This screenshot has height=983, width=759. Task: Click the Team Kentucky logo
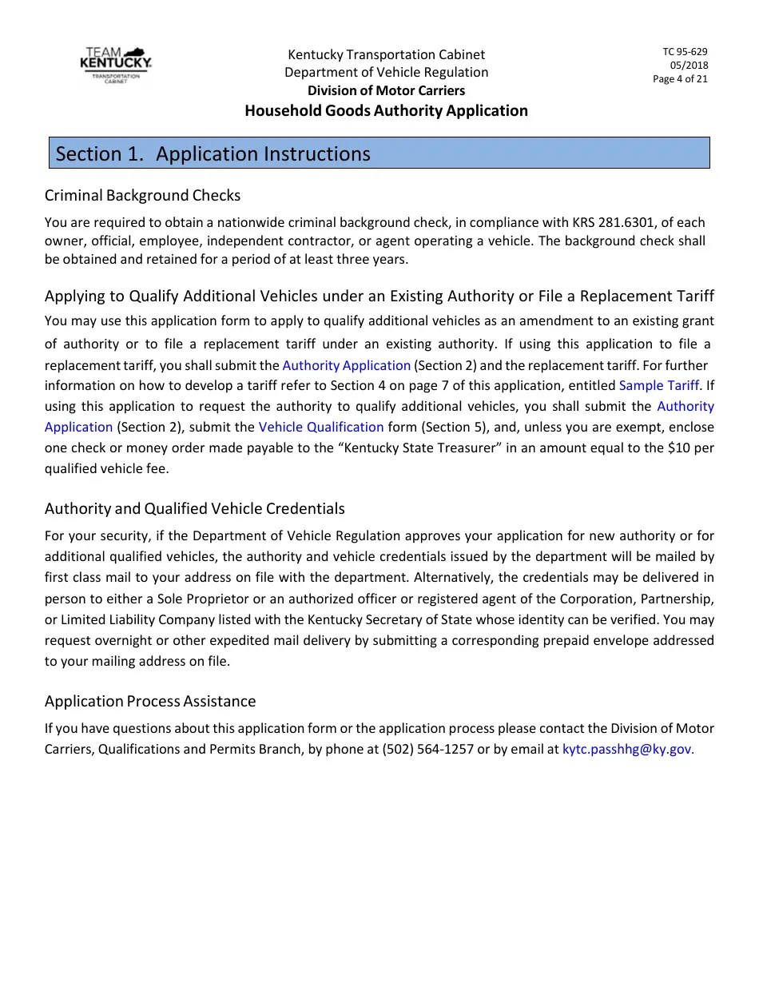116,65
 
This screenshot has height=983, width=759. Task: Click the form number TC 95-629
685,52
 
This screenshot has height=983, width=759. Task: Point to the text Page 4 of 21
680,78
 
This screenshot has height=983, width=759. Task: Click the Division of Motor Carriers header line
386,90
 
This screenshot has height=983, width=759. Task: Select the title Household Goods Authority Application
386,110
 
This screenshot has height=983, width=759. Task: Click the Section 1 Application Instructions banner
379,153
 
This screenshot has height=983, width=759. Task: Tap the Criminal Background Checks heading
142,195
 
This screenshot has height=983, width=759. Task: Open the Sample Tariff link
659,385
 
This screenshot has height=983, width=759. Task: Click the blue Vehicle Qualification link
321,427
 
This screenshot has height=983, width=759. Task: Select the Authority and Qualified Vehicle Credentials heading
195,508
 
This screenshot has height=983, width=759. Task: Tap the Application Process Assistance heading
150,701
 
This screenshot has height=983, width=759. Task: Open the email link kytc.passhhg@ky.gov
627,750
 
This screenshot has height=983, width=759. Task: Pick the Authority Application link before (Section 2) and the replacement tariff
346,365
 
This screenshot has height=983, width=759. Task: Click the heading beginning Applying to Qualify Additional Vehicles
379,296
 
